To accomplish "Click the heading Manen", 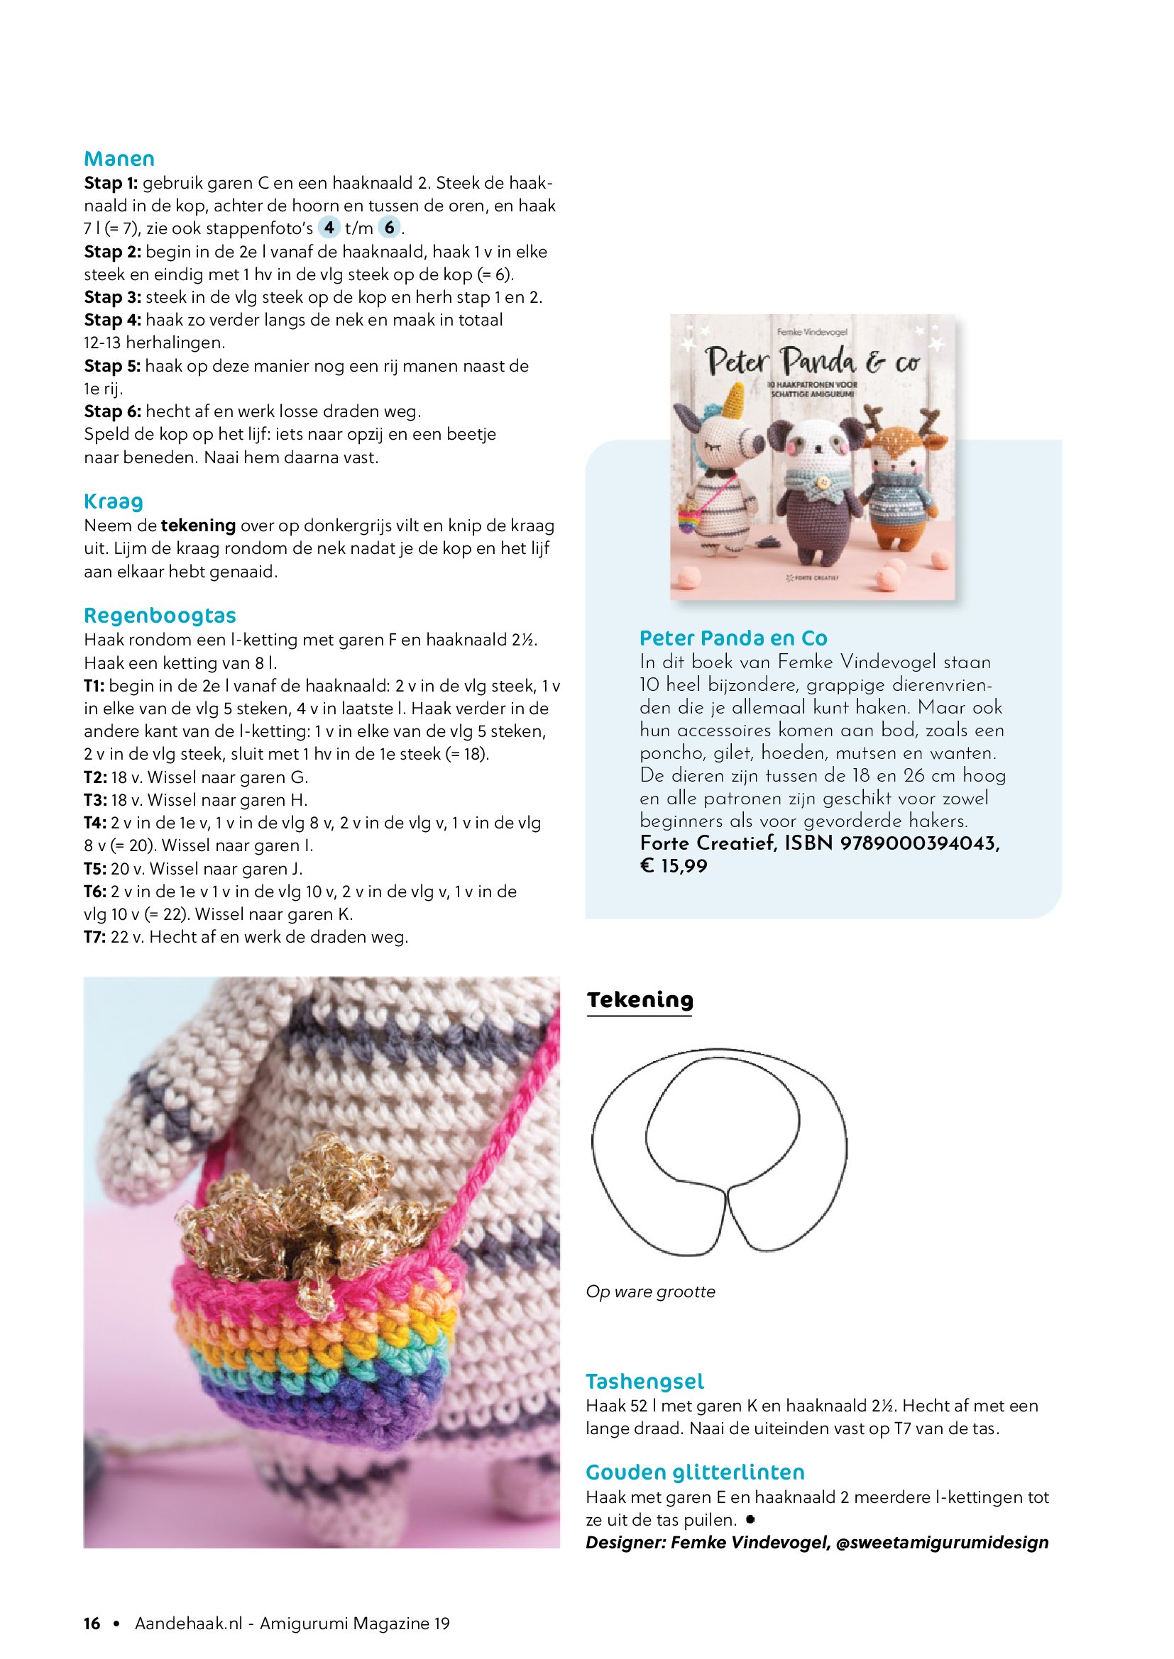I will point(119,159).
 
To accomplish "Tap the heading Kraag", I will point(114,501).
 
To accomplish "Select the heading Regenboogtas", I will point(160,616).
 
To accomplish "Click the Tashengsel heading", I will point(644,1382).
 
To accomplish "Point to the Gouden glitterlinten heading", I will point(695,1472).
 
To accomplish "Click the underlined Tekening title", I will point(640,1000).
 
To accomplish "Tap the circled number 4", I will point(329,228).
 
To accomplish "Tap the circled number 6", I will point(390,228).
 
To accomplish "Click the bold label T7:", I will point(94,937).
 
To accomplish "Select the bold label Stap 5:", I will point(112,366).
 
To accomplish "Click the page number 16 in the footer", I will point(92,1624).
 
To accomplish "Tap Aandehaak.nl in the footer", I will point(189,1624).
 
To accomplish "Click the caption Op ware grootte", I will point(651,1292).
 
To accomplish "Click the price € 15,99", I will point(674,865).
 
